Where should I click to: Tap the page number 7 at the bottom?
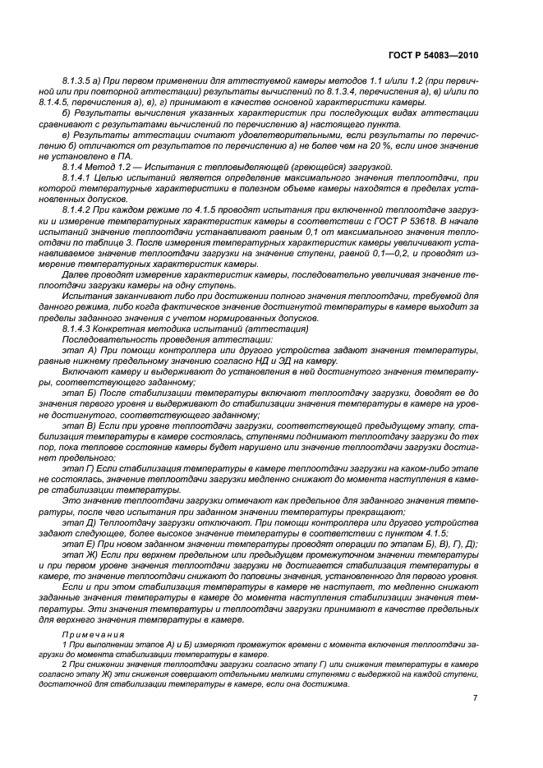(475, 698)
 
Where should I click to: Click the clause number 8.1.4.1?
(79, 177)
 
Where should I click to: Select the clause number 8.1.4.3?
(79, 329)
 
